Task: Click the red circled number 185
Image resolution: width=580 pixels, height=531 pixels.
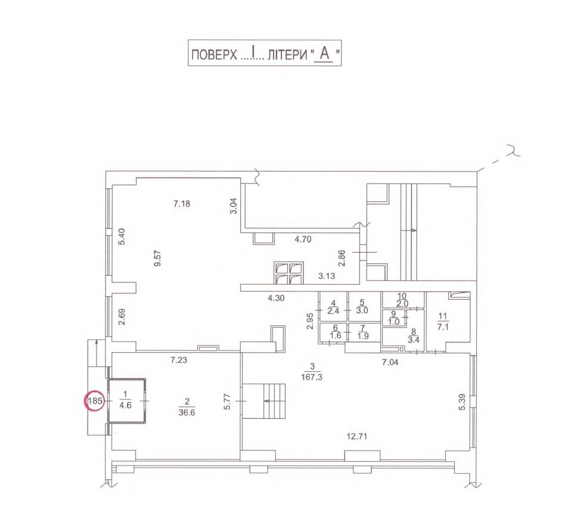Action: click(95, 400)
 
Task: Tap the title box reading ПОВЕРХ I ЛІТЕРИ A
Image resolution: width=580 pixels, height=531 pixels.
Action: click(265, 53)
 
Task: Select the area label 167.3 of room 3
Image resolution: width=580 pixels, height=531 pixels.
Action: click(312, 377)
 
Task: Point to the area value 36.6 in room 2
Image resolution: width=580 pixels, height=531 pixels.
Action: click(187, 412)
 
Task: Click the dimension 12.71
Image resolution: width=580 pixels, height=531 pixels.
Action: click(356, 436)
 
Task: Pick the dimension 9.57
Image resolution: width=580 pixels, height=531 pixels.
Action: click(158, 258)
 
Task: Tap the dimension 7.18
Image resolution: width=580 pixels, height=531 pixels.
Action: click(182, 203)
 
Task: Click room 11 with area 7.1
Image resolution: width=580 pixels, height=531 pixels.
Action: click(448, 321)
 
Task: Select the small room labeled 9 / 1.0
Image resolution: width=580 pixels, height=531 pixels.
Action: click(394, 318)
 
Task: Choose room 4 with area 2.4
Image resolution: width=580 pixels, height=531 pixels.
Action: click(333, 308)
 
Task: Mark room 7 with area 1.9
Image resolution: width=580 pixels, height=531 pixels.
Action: click(364, 332)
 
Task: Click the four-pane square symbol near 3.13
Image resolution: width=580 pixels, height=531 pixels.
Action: click(289, 273)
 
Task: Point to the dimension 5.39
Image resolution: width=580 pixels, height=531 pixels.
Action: click(461, 402)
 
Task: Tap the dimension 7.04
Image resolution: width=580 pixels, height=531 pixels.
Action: click(390, 362)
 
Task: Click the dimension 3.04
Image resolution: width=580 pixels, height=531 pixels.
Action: click(234, 206)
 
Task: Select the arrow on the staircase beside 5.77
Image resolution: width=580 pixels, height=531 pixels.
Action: click(272, 400)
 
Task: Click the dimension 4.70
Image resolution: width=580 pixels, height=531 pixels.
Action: click(303, 239)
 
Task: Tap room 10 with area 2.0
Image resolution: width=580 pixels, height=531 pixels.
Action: click(403, 300)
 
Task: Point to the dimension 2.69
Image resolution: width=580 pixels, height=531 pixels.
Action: click(122, 317)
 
